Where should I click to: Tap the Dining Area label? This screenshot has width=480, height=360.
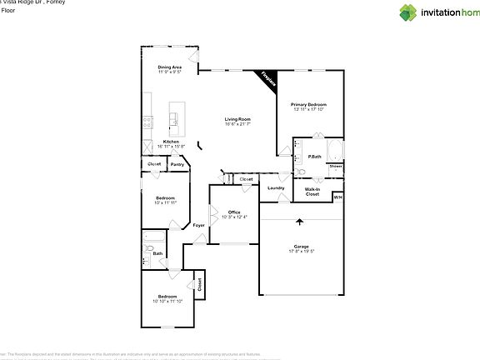click(x=170, y=67)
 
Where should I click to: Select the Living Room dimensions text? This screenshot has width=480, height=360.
click(x=237, y=124)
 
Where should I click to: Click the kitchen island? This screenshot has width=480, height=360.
click(x=177, y=117)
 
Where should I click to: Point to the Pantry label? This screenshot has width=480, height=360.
click(x=177, y=164)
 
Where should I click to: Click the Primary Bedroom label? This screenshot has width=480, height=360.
click(x=308, y=104)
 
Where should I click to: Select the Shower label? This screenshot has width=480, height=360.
click(x=335, y=166)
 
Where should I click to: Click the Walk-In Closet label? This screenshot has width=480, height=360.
click(x=312, y=192)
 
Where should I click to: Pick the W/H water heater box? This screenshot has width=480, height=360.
click(x=337, y=197)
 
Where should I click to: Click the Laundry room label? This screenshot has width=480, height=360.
click(x=276, y=187)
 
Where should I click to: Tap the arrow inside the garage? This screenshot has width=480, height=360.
click(x=299, y=222)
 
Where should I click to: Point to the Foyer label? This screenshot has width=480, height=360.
click(x=198, y=226)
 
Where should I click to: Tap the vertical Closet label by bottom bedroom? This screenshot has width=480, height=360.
click(x=200, y=283)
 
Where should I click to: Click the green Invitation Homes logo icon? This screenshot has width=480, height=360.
click(x=407, y=12)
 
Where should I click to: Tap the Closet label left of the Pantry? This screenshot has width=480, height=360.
click(x=154, y=164)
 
